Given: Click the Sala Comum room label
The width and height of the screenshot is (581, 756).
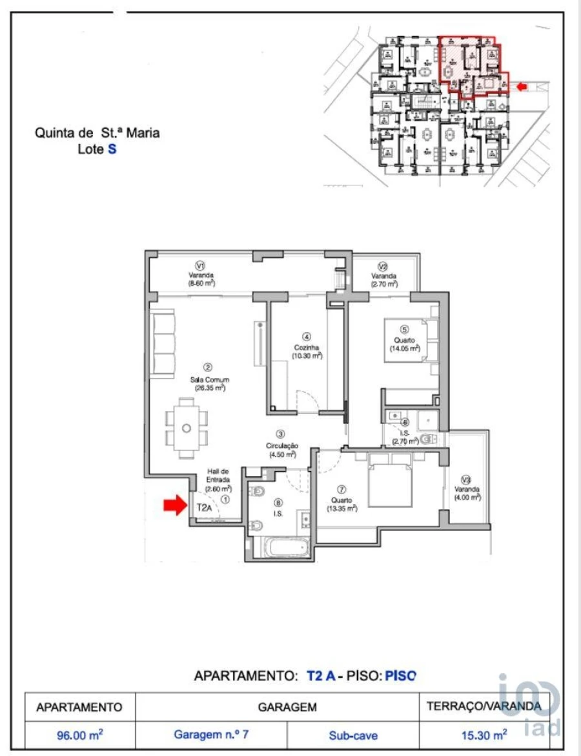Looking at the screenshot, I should click(x=209, y=380).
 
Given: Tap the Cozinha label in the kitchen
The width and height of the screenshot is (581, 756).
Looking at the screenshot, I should click(x=307, y=347).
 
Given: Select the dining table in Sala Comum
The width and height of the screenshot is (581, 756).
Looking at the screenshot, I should click(x=187, y=428).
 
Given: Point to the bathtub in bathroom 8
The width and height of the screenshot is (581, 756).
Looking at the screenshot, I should click(x=286, y=547).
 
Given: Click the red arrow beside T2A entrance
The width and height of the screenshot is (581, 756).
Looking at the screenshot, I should click(x=174, y=505).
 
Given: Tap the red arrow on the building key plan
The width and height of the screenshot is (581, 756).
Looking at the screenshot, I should click(x=522, y=85).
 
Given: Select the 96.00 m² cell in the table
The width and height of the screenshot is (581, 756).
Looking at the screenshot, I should click(x=79, y=735).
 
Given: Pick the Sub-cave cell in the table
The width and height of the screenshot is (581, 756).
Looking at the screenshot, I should click(x=352, y=735).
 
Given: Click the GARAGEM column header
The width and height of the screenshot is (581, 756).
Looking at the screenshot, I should click(x=287, y=707).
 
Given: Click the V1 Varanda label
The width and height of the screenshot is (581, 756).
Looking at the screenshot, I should click(x=200, y=275).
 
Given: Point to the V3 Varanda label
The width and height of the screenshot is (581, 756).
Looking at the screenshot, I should click(x=467, y=488).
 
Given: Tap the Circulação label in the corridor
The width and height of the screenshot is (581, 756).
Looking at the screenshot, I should click(x=281, y=446).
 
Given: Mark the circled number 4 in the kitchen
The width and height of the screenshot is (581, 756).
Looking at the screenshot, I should click(x=307, y=337).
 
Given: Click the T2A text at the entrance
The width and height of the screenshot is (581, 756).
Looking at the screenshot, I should click(x=204, y=508).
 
